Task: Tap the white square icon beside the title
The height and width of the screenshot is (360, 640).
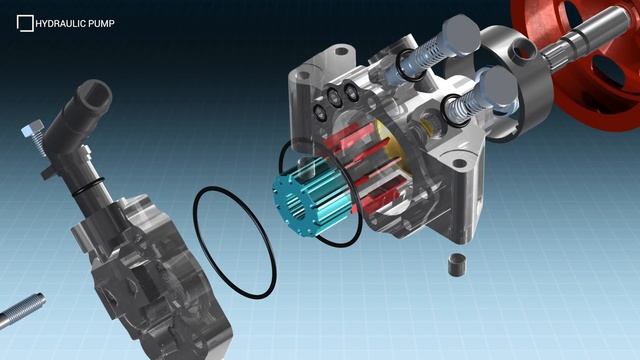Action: [x=25, y=23]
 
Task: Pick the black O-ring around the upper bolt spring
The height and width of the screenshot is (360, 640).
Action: [x=407, y=63]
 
